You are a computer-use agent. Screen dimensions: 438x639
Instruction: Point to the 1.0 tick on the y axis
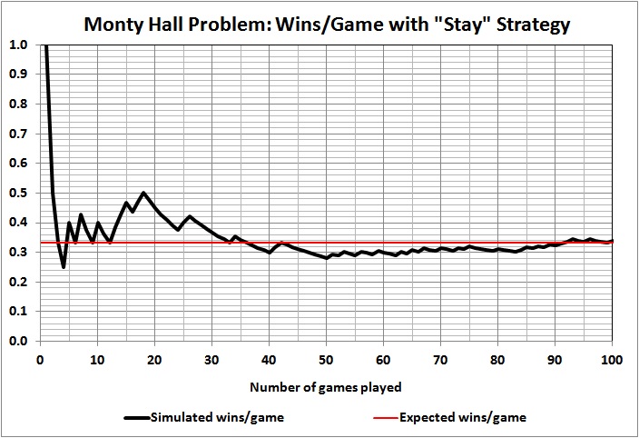[18, 45]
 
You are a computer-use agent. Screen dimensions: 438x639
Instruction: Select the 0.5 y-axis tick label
[18, 193]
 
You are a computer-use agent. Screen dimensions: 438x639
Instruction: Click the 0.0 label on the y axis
[18, 342]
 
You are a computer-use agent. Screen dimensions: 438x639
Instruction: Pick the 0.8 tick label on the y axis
[18, 104]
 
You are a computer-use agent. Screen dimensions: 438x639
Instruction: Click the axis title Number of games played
[326, 387]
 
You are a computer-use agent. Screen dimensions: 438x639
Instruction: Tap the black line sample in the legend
[136, 418]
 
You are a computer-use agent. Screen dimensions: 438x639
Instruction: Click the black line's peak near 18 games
[143, 193]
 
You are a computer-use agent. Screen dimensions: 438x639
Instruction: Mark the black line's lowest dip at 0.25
[63, 267]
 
